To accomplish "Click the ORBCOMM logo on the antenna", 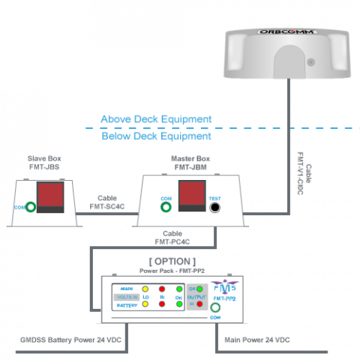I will pyautogui.click(x=287, y=31).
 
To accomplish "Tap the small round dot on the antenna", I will pyautogui.click(x=310, y=61).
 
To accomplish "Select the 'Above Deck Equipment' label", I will pyautogui.click(x=156, y=119).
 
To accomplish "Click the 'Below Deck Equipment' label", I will pyautogui.click(x=156, y=136).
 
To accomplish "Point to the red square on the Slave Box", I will pyautogui.click(x=50, y=194).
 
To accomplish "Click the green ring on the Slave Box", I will pyautogui.click(x=31, y=206).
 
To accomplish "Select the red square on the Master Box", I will pyautogui.click(x=192, y=193).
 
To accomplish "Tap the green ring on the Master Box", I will pyautogui.click(x=166, y=206).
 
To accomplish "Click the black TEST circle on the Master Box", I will pyautogui.click(x=215, y=208).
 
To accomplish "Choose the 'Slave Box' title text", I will pyautogui.click(x=44, y=163).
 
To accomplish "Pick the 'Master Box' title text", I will pyautogui.click(x=190, y=163).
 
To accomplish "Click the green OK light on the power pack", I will pyautogui.click(x=199, y=289).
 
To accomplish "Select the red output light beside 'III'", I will pyautogui.click(x=199, y=304).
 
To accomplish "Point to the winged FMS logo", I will pyautogui.click(x=225, y=285).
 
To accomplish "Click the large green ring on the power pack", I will pyautogui.click(x=215, y=307).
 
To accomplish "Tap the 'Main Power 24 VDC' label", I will pyautogui.click(x=257, y=340).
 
